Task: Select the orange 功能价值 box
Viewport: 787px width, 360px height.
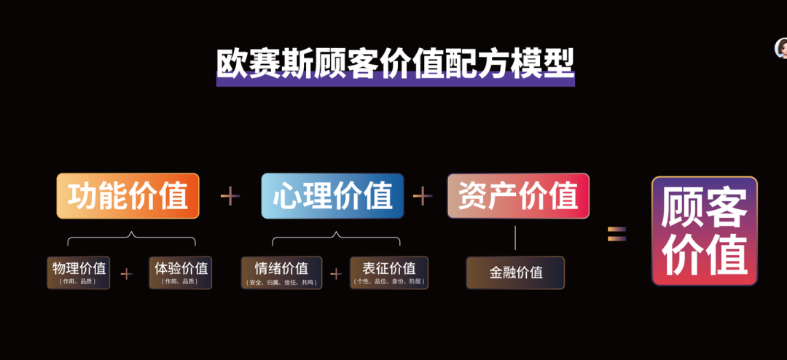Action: click(x=128, y=196)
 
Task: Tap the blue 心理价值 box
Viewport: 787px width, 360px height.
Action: click(x=333, y=196)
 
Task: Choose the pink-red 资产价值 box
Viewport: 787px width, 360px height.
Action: click(x=518, y=195)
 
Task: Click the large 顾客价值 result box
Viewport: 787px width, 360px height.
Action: click(x=704, y=231)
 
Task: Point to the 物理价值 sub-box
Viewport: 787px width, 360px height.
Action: click(x=79, y=272)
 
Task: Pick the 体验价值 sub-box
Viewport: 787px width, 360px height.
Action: click(x=181, y=272)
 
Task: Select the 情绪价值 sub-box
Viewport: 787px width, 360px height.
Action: click(x=281, y=272)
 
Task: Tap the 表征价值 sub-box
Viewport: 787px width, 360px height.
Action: click(x=389, y=272)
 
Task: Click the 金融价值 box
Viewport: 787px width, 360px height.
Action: click(x=516, y=273)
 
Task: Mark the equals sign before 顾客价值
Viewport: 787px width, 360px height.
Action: click(x=617, y=233)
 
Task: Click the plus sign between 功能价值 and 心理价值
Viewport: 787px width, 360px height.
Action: click(x=230, y=195)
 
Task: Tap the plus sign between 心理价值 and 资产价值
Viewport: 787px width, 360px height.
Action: click(x=423, y=195)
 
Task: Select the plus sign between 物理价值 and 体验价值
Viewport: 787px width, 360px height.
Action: click(x=127, y=274)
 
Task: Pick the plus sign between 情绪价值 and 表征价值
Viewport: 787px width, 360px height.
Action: click(x=335, y=274)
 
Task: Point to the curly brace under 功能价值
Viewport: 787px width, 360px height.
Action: click(x=131, y=238)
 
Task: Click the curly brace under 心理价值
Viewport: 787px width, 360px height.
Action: click(x=336, y=238)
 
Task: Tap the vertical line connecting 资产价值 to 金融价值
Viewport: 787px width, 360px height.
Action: click(x=515, y=238)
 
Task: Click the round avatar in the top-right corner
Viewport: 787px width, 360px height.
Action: click(x=782, y=49)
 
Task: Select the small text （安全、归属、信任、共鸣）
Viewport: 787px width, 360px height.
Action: click(x=281, y=282)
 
